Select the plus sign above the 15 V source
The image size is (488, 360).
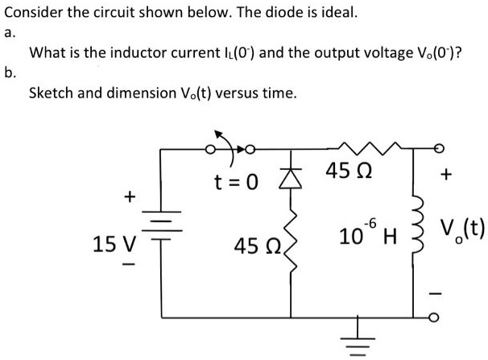point(127,196)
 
